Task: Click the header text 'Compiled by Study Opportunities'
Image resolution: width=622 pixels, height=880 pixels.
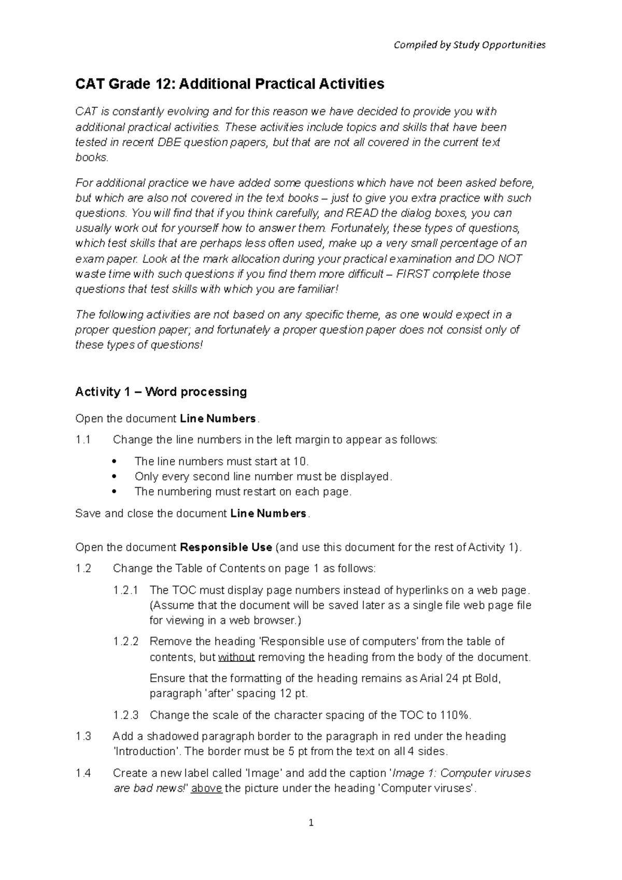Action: tap(469, 45)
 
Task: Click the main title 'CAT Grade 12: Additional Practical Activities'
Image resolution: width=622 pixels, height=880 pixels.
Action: tap(230, 84)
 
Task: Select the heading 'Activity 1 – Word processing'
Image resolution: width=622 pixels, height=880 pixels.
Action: tap(161, 392)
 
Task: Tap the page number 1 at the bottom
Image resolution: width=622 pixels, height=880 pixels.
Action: tap(311, 822)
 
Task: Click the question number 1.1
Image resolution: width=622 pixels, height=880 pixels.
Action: tap(83, 440)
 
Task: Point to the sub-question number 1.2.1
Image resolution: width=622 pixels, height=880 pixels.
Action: tap(126, 590)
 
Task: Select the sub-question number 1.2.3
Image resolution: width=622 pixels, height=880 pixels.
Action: tap(126, 715)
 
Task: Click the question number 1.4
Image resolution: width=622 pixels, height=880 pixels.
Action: tap(83, 773)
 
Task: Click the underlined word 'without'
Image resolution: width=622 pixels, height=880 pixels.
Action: tap(236, 658)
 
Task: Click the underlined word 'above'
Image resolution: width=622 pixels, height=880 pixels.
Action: tap(207, 789)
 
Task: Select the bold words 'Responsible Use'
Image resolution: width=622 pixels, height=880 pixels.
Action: tap(225, 547)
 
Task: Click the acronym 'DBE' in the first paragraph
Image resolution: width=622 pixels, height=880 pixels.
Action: tap(169, 143)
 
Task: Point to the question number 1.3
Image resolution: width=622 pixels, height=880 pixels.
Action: tap(83, 736)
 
